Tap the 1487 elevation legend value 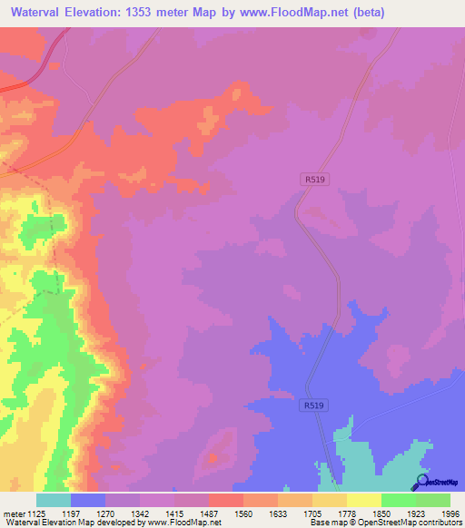tap(210, 513)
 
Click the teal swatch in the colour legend tap(54, 500)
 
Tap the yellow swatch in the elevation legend tap(364, 500)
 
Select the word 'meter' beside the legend tap(15, 513)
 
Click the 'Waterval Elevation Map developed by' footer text tap(64, 523)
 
